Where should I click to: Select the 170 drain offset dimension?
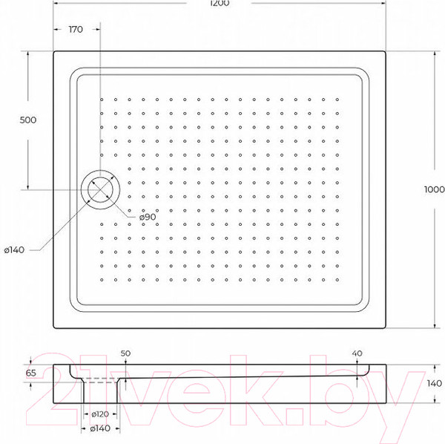pos(74,29)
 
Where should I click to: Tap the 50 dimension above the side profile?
pos(125,353)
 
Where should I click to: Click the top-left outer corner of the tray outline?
pos(56,51)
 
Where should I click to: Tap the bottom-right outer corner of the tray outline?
pos(386,331)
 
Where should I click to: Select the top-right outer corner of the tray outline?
pos(386,51)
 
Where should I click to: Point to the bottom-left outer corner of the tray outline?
pos(56,331)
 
